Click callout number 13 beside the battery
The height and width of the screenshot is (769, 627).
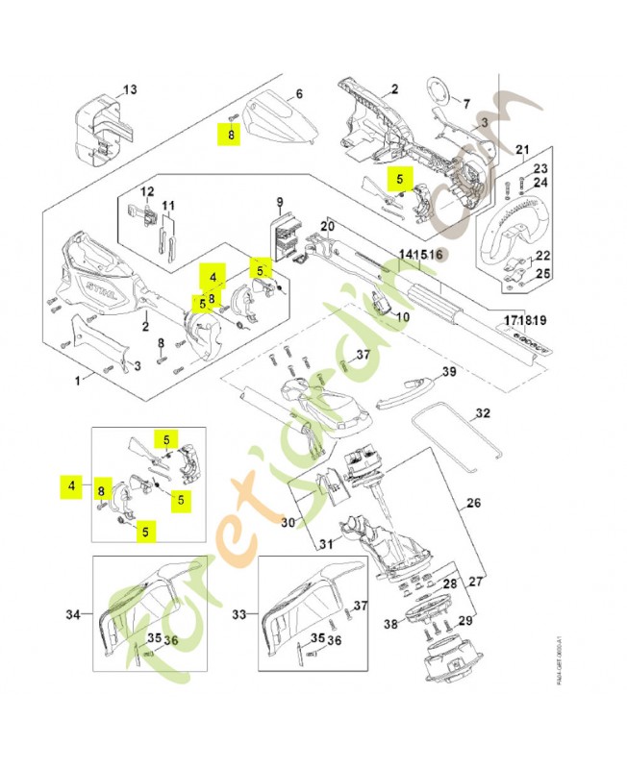131,89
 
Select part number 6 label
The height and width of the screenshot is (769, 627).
299,94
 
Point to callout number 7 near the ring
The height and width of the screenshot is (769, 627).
466,103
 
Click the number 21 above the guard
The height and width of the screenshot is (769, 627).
522,149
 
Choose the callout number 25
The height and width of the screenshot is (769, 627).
542,275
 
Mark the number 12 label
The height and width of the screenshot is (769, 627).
148,191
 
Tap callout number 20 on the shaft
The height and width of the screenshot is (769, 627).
327,227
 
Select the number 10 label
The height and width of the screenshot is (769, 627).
402,316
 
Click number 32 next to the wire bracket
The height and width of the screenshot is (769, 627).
483,412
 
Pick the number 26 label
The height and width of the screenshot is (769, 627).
473,502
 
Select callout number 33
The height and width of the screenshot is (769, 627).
240,612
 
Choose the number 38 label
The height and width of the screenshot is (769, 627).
391,623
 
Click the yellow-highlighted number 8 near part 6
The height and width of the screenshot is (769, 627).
231,136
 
